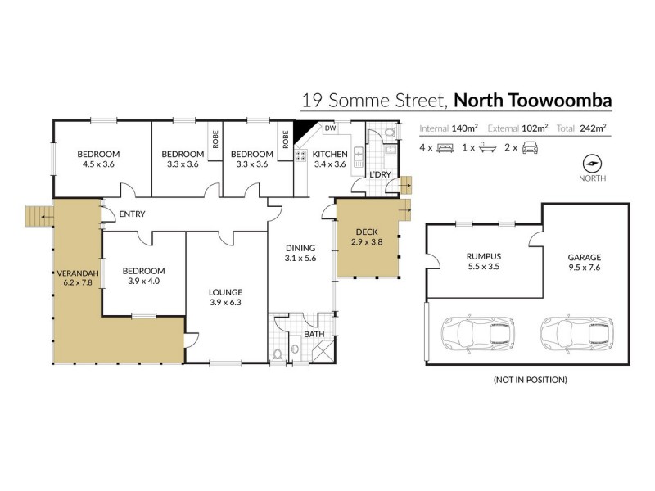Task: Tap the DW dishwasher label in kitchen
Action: pyautogui.click(x=331, y=128)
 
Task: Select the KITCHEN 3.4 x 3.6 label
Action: pyautogui.click(x=331, y=159)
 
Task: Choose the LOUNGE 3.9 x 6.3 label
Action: pyautogui.click(x=227, y=297)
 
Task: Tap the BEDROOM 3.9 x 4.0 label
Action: pyautogui.click(x=143, y=277)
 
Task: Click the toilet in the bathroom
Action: pyautogui.click(x=281, y=353)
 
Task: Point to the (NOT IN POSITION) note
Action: pyautogui.click(x=530, y=380)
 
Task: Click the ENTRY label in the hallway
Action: pyautogui.click(x=132, y=214)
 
